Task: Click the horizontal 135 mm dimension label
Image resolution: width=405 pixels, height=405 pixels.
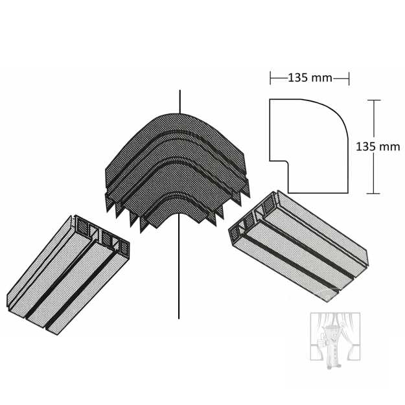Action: (x=310, y=78)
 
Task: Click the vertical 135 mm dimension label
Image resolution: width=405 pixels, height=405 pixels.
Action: (x=378, y=146)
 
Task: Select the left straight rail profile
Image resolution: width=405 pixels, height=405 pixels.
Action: (x=68, y=275)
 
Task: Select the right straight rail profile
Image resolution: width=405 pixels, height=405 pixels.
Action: (x=298, y=246)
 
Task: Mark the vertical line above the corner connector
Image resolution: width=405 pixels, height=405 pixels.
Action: (x=180, y=102)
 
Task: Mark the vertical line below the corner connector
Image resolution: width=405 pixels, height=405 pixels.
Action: (x=179, y=266)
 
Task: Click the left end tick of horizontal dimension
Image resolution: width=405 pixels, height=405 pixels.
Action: (x=270, y=78)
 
